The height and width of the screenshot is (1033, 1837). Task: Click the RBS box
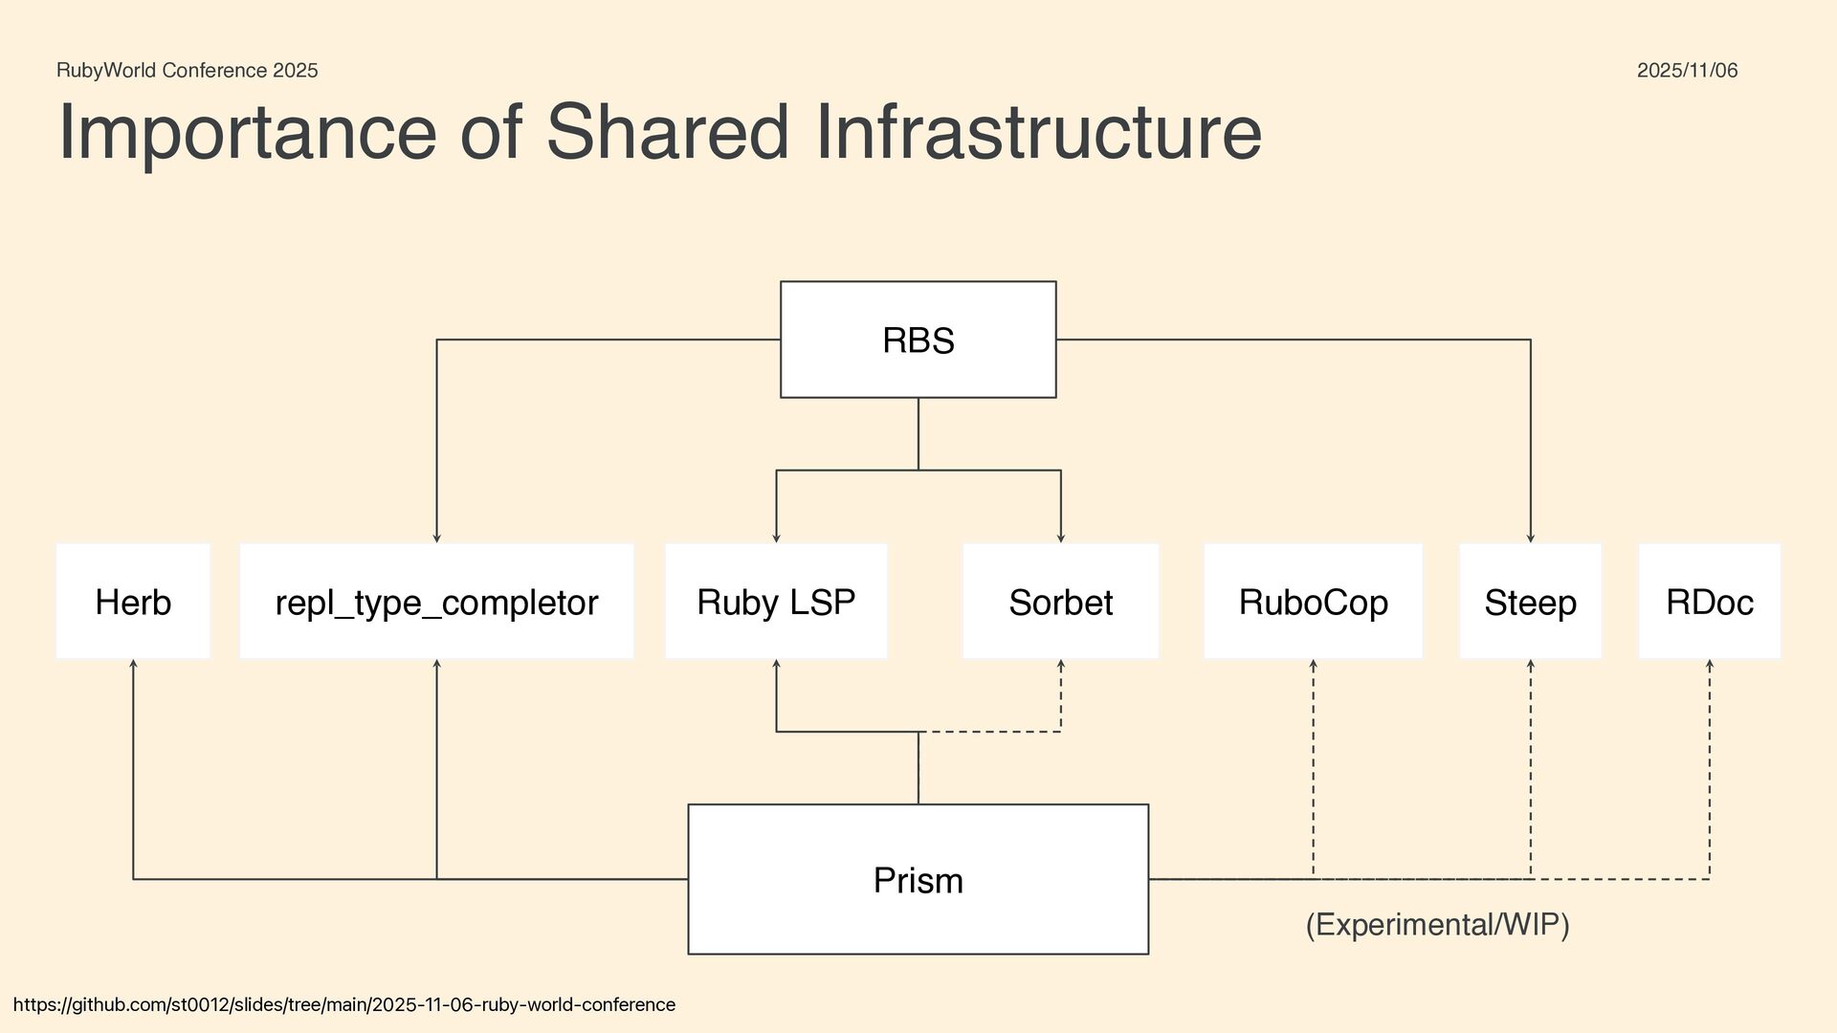[x=918, y=340]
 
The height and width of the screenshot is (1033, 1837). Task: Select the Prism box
[x=918, y=879]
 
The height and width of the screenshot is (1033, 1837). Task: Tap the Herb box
[x=133, y=602]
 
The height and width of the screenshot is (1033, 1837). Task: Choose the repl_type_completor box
[x=436, y=602]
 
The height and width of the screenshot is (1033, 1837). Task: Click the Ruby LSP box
[x=776, y=602]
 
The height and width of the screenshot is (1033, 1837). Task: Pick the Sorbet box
[x=1060, y=602]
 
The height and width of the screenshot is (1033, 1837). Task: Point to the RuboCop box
[x=1313, y=602]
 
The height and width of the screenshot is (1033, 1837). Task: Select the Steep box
[x=1530, y=602]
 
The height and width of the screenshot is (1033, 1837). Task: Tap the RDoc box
[x=1709, y=602]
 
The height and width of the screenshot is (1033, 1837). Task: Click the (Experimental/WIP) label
[x=1437, y=925]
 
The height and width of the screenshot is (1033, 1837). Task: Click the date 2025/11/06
[x=1687, y=70]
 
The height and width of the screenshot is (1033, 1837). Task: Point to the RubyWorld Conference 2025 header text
[x=188, y=70]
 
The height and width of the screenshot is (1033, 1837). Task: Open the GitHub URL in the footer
[x=344, y=1004]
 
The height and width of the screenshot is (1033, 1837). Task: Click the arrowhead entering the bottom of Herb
[x=133, y=664]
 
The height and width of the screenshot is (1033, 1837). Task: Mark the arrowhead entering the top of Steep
[x=1531, y=538]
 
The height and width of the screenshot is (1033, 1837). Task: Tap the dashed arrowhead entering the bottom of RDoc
[x=1710, y=664]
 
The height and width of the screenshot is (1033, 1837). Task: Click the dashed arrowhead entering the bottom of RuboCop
[x=1313, y=664]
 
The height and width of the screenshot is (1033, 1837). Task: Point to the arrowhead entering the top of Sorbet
[x=1061, y=538]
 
